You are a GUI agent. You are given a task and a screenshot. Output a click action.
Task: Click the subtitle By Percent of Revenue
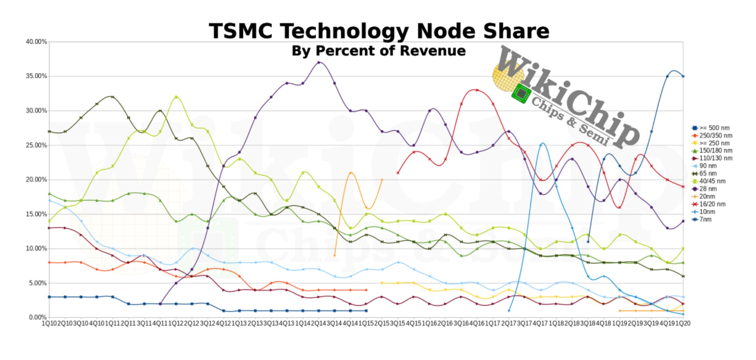378,51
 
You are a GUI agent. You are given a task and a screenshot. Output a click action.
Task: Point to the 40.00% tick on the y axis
36,41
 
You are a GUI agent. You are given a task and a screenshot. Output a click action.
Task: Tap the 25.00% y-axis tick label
36,145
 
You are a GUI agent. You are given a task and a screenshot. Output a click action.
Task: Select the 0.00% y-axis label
38,317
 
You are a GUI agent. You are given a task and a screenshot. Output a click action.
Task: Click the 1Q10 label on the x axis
49,324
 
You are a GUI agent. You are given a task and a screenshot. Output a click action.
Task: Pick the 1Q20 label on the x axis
683,324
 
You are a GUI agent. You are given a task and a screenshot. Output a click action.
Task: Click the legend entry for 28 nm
707,189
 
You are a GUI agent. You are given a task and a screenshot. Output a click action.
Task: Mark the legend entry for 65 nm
707,174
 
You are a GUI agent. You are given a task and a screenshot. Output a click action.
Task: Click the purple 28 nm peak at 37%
319,63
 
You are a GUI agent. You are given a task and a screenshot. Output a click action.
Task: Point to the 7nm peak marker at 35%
667,76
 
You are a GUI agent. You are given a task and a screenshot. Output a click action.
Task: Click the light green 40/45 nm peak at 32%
176,97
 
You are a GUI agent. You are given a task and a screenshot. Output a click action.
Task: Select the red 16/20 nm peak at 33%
477,90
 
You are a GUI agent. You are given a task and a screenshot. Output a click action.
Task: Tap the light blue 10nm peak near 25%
542,144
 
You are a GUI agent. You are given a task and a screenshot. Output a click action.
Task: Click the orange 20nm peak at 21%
351,173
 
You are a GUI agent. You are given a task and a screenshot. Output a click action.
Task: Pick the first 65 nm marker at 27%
49,131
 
